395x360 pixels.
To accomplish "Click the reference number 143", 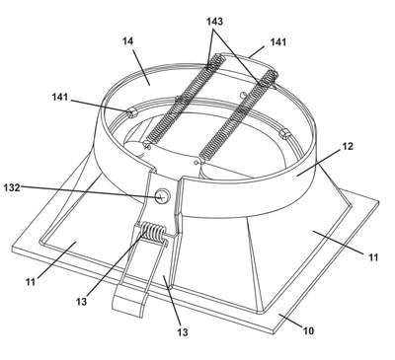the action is (x=214, y=22).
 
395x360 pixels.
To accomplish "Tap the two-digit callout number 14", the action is (x=128, y=41).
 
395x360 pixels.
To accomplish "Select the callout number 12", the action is (x=348, y=146).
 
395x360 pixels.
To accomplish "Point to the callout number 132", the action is (x=12, y=188).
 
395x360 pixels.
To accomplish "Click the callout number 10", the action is (x=308, y=330).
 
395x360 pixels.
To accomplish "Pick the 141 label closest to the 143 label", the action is (x=278, y=42).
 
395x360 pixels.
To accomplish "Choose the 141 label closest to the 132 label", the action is (x=60, y=98).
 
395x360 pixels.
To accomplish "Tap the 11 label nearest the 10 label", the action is (x=373, y=257).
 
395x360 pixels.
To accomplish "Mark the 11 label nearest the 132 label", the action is (x=31, y=282).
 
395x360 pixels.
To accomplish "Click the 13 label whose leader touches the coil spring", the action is (x=81, y=301).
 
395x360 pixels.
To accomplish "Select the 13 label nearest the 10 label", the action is (x=183, y=332).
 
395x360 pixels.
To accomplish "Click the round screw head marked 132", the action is (x=162, y=196).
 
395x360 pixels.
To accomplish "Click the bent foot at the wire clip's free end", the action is (x=129, y=304).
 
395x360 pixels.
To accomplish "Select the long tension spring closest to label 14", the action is (x=184, y=102).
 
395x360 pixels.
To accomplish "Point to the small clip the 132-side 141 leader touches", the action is (x=131, y=113).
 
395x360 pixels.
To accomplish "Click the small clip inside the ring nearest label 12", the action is (x=283, y=134).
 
